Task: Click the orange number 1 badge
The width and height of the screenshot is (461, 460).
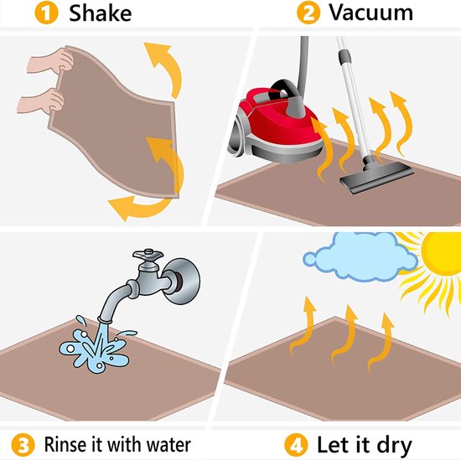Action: (46, 13)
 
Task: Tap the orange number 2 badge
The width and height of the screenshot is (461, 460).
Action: (308, 13)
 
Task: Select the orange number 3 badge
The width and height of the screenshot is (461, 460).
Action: (23, 444)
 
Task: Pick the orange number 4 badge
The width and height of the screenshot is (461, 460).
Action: (296, 445)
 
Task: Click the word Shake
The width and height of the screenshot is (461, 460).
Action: (100, 13)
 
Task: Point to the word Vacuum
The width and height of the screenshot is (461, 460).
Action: (370, 13)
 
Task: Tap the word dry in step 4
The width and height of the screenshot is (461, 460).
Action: (394, 447)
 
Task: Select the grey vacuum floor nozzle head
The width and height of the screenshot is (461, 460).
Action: (377, 176)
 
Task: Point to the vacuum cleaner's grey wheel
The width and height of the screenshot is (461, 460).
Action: (238, 134)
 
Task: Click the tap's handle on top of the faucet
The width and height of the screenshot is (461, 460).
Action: (148, 255)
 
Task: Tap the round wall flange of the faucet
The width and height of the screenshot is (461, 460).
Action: (182, 281)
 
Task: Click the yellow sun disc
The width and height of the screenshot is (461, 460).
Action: (443, 253)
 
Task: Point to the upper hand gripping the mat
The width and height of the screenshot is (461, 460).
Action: (50, 61)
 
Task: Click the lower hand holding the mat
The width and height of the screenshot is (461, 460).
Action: (41, 101)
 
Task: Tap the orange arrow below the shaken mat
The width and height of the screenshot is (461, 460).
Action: (138, 207)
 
